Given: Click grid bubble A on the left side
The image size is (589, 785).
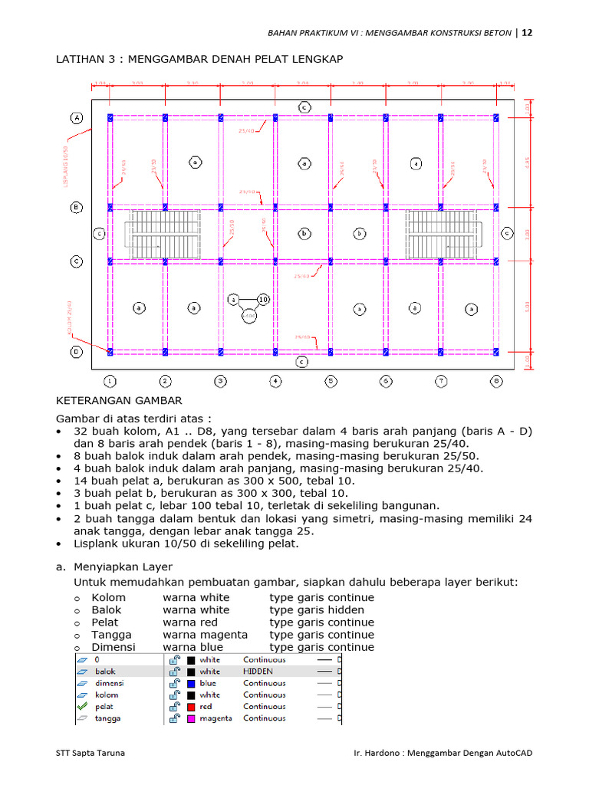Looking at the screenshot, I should [x=77, y=117].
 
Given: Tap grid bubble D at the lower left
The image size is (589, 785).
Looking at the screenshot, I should [x=77, y=352].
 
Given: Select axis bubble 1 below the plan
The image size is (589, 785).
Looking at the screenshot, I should [x=110, y=380].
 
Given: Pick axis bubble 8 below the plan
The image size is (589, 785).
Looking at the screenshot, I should [x=496, y=380].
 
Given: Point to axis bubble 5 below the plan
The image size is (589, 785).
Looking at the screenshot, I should [x=331, y=380].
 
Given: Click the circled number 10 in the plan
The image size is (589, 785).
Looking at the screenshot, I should [x=263, y=299].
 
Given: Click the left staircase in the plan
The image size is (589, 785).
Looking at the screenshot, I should [x=163, y=234].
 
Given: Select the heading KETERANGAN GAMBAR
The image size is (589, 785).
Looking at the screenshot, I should [x=120, y=400].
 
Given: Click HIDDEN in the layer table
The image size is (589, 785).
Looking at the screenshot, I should [x=258, y=671].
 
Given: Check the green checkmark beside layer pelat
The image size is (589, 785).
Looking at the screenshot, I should [x=81, y=707].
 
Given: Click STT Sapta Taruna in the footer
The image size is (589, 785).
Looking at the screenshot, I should [x=90, y=753].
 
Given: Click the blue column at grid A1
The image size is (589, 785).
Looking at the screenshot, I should [x=110, y=117].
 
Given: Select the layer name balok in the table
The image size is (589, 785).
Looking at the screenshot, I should [x=105, y=671].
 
